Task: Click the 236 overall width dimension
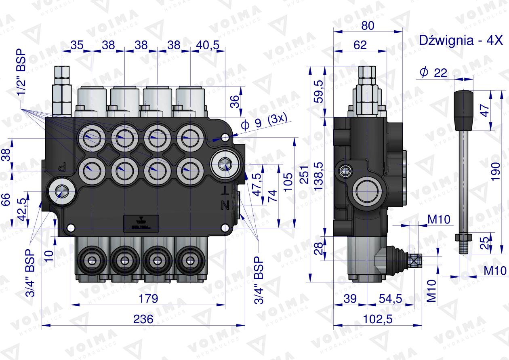143,319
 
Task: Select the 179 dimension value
148,299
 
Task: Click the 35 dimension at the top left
76,45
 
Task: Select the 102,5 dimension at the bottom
378,319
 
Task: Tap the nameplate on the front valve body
141,222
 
